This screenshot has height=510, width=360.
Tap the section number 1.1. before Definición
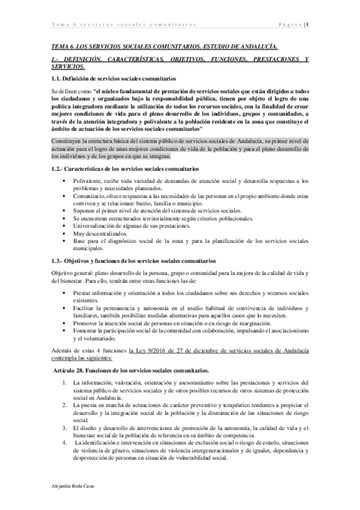coord(58,79)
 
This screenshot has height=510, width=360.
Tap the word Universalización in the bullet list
coord(96,225)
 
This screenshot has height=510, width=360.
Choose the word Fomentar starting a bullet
coord(87,330)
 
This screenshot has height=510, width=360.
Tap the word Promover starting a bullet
coord(87,322)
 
